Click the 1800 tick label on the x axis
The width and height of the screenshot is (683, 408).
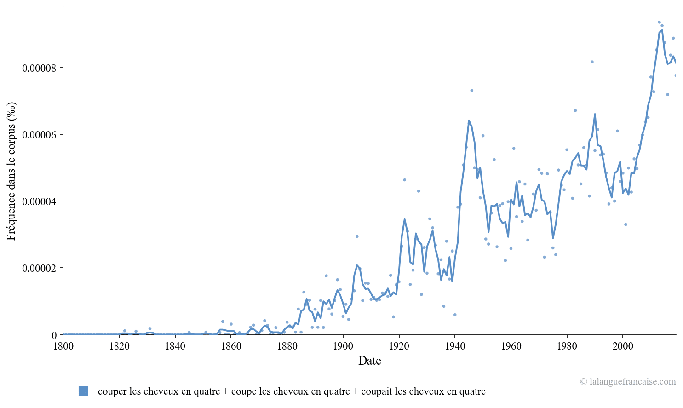pos(63,346)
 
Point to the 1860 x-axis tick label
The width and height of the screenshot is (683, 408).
pos(231,346)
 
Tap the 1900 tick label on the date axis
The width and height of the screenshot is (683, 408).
pos(343,346)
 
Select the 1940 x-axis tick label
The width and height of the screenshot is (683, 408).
pos(454,346)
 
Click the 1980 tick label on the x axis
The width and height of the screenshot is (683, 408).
pos(567,346)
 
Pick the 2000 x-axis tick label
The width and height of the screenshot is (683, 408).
pos(623,346)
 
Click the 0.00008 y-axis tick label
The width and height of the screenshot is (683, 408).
pos(40,68)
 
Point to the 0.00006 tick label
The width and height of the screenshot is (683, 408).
pos(40,134)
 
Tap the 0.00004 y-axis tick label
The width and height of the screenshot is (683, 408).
pos(40,201)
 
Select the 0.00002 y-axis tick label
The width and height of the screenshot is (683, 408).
pos(40,268)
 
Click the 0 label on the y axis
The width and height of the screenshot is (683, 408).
pos(54,335)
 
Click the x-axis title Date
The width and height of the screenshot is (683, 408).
pos(369,361)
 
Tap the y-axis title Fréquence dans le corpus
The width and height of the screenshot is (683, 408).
pos(11,171)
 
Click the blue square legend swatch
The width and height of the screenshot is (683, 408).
pos(83,391)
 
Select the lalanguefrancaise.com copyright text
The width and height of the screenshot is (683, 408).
pos(628,381)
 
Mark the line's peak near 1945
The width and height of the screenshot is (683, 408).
pos(469,121)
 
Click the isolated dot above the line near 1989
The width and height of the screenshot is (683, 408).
pos(592,62)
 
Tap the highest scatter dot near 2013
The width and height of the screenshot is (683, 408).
pos(659,22)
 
